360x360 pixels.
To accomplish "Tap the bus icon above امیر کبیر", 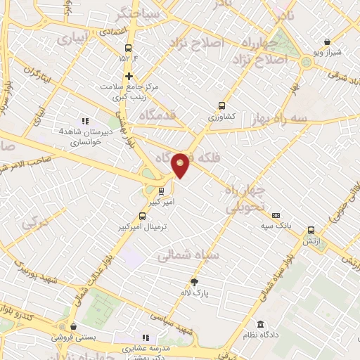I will pyautogui.click(x=162, y=191).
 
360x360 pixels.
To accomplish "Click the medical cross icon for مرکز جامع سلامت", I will pyautogui.click(x=128, y=76).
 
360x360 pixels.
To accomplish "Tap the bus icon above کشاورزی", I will pyautogui.click(x=223, y=106).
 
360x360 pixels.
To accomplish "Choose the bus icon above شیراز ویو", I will pyautogui.click(x=327, y=41).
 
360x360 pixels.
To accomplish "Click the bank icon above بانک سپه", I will pyautogui.click(x=276, y=215).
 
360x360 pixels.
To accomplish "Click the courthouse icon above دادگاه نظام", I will pyautogui.click(x=261, y=324).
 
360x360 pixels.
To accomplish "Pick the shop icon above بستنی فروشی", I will pyautogui.click(x=73, y=326).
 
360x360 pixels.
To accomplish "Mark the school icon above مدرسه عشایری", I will pyautogui.click(x=146, y=337).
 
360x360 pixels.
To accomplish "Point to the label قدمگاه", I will pyautogui.click(x=157, y=115).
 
